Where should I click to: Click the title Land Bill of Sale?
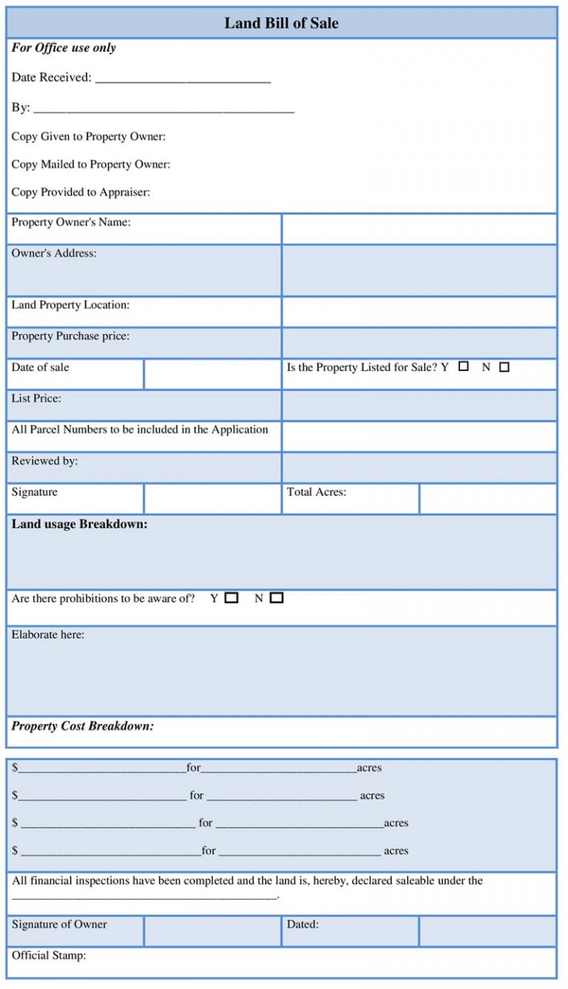(281, 23)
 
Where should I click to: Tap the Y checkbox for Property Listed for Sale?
(464, 366)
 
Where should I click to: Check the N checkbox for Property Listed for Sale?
(504, 367)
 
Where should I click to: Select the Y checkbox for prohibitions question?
(231, 598)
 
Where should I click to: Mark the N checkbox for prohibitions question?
(277, 598)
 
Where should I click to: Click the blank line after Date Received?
(183, 78)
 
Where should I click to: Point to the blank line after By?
(163, 109)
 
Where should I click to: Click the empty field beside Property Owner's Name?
(419, 229)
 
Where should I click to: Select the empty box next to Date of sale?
(212, 374)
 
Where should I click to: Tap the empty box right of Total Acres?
(487, 499)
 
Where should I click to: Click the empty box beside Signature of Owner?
(212, 931)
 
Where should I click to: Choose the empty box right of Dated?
(487, 931)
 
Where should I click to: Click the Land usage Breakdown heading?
(79, 524)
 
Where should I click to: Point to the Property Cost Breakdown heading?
(83, 726)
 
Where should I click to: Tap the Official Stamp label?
(49, 955)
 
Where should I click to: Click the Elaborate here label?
(48, 634)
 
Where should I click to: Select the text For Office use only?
(64, 48)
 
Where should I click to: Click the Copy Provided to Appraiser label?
(81, 192)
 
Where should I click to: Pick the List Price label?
(36, 398)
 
